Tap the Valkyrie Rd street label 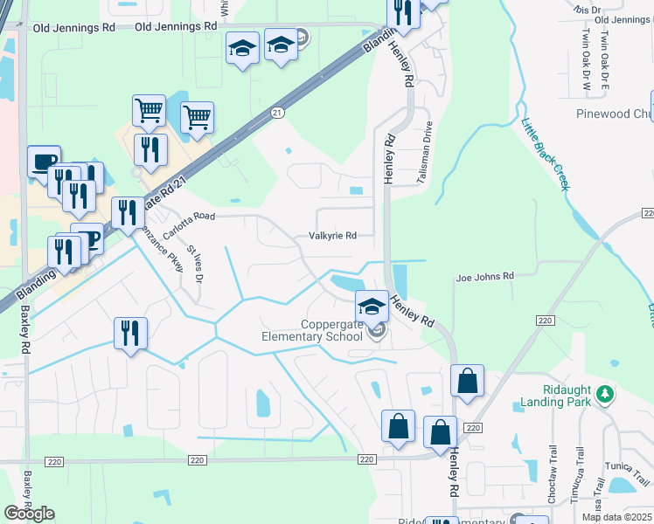click(x=333, y=236)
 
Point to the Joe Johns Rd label click(x=484, y=277)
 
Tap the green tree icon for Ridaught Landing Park click(x=603, y=396)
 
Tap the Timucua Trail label click(x=580, y=480)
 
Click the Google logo click(x=29, y=514)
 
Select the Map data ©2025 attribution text click(x=616, y=517)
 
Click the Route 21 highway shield click(x=277, y=113)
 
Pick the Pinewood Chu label click(x=614, y=114)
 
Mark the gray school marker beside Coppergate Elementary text click(x=377, y=330)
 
